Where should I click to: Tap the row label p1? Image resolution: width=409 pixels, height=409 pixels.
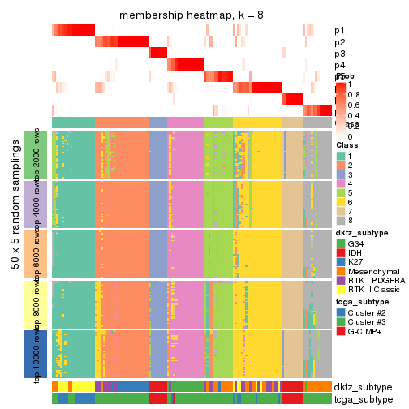point(340,31)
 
